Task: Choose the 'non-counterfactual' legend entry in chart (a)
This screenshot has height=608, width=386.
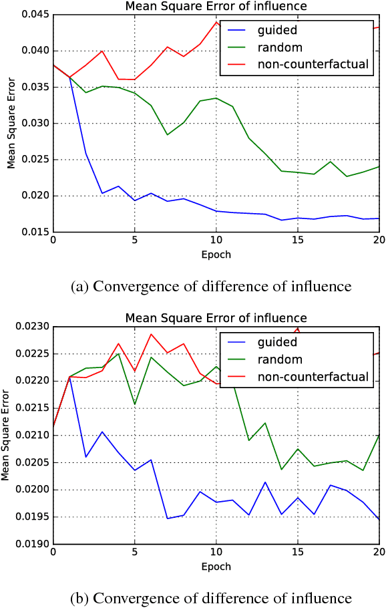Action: [313, 65]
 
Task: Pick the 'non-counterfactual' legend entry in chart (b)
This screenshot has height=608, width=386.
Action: [313, 377]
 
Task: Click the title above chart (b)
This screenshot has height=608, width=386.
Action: [216, 318]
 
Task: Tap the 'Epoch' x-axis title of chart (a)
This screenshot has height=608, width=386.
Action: [216, 255]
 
